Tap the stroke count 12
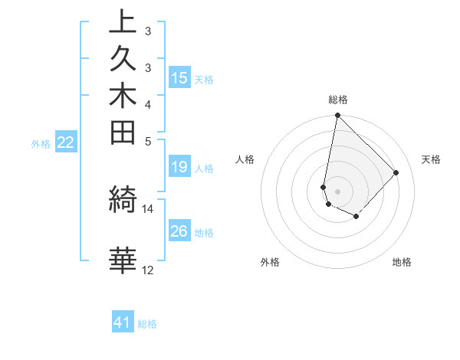pyautogui.click(x=147, y=270)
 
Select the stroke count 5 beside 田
pyautogui.click(x=147, y=141)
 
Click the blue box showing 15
pyautogui.click(x=179, y=78)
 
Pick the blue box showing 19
pyautogui.click(x=179, y=167)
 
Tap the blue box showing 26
pyautogui.click(x=179, y=231)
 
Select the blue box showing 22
pyautogui.click(x=66, y=142)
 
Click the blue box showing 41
pyautogui.click(x=123, y=322)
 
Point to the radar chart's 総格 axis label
pyautogui.click(x=338, y=100)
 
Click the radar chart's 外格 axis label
pyautogui.click(x=270, y=262)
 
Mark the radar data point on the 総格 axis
pyautogui.click(x=337, y=116)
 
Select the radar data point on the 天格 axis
pyautogui.click(x=396, y=172)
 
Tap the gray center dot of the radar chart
pyautogui.click(x=337, y=191)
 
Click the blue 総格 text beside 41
pyautogui.click(x=147, y=324)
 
